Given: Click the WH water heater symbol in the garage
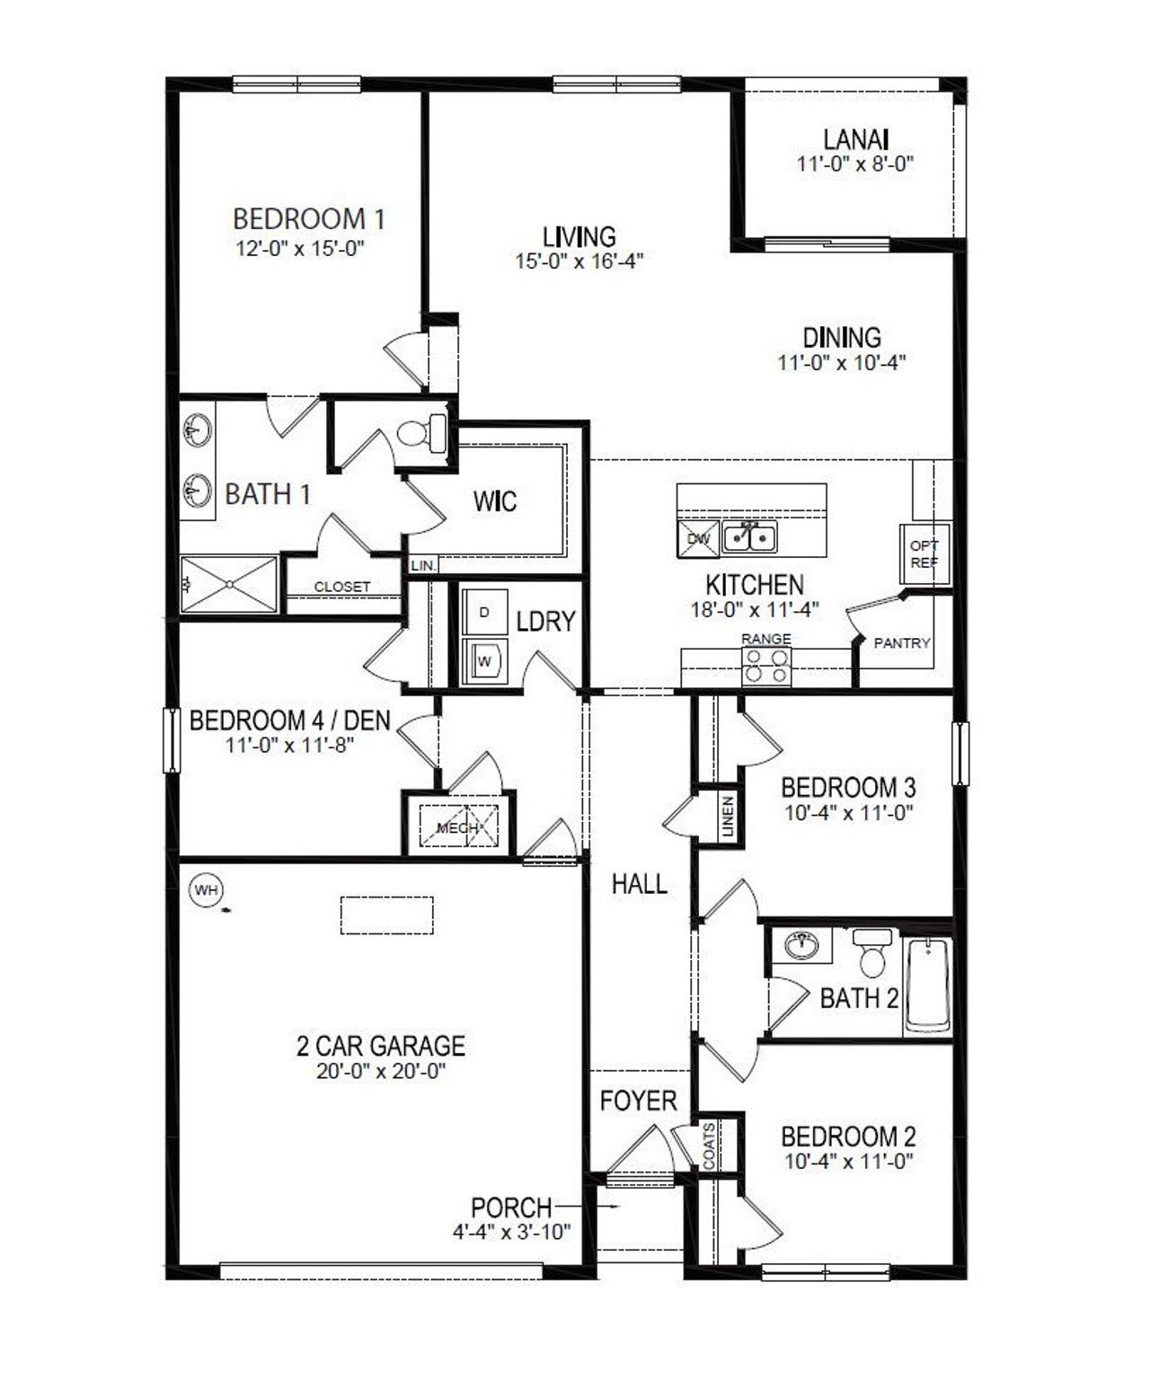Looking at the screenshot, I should [206, 890].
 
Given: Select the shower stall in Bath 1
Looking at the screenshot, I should [230, 584].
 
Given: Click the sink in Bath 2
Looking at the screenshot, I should [801, 945].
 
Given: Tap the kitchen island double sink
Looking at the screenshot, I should [750, 537].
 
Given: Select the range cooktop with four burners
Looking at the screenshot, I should [766, 666].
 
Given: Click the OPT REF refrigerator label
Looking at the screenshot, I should [924, 553].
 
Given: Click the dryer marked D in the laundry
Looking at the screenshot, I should [484, 613].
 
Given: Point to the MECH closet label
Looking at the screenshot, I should [458, 827].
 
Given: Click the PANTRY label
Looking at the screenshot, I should [902, 643].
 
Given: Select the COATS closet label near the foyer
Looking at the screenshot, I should [710, 1146].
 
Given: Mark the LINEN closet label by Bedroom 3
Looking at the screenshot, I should [728, 817].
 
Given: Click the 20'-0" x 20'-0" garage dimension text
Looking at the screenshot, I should [381, 1072].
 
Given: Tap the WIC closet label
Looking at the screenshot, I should [495, 500].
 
